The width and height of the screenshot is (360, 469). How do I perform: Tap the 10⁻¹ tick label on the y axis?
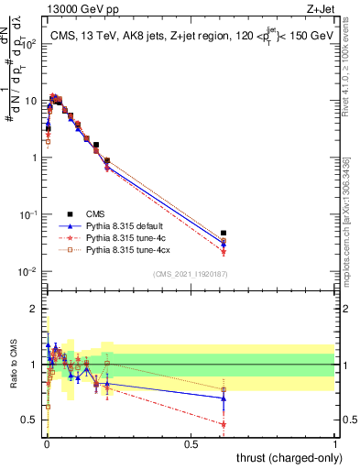pyautogui.click(x=27, y=214)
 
